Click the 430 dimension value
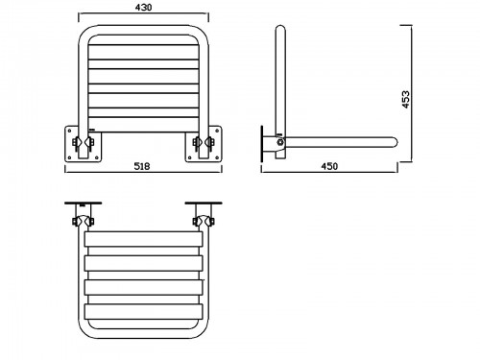[143, 8]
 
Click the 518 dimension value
[142, 166]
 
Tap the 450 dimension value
[329, 166]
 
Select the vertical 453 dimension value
[405, 100]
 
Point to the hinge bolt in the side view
[280, 142]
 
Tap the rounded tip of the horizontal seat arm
[395, 141]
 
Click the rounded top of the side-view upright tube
[280, 29]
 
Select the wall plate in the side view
[262, 143]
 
